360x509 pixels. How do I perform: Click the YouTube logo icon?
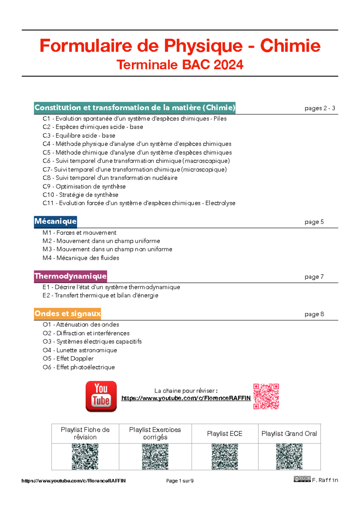[x=101, y=396]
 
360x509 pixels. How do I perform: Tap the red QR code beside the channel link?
[x=266, y=396]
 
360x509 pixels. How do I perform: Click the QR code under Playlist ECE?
[x=225, y=456]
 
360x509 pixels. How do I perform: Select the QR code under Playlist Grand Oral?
[x=289, y=456]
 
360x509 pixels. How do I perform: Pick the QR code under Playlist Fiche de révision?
[x=85, y=456]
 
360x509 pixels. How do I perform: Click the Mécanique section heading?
[x=55, y=221]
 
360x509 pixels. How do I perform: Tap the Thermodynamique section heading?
[x=70, y=276]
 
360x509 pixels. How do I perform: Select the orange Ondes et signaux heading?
[x=67, y=314]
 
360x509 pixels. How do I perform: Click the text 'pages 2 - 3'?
[x=320, y=108]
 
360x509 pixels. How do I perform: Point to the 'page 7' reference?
[x=314, y=277]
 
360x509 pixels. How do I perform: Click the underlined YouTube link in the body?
[x=186, y=398]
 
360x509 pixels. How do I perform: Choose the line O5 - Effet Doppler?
[x=68, y=359]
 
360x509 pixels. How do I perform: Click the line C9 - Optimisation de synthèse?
[x=84, y=186]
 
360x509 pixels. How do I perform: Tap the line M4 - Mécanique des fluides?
[x=81, y=258]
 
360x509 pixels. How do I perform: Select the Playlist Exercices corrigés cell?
[x=155, y=433]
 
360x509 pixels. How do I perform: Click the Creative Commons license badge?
[x=302, y=479]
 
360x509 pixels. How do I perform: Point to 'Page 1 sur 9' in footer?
[x=180, y=481]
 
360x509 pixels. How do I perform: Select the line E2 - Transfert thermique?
[x=100, y=295]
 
